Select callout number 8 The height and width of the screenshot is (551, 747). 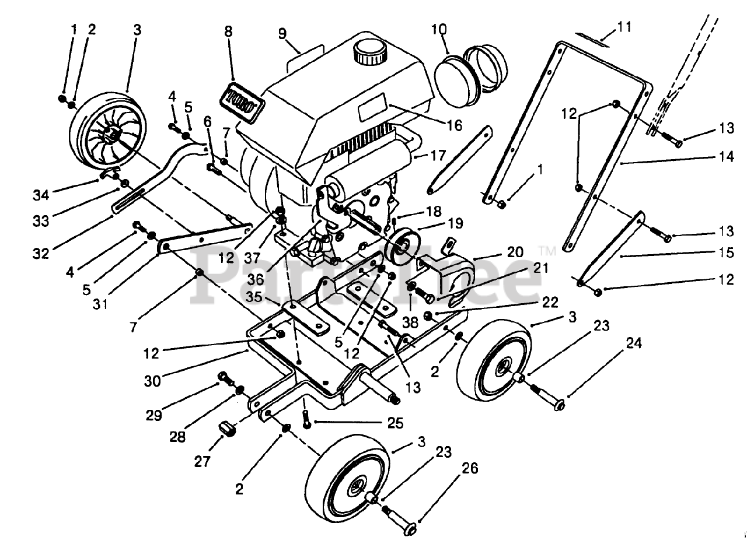click(x=228, y=32)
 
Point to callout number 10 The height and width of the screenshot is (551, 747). click(x=439, y=28)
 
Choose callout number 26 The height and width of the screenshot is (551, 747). click(x=470, y=469)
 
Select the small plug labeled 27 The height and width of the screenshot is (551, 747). click(x=226, y=431)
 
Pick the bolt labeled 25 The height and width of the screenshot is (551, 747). click(x=306, y=419)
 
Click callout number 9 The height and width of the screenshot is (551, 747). click(x=282, y=33)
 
